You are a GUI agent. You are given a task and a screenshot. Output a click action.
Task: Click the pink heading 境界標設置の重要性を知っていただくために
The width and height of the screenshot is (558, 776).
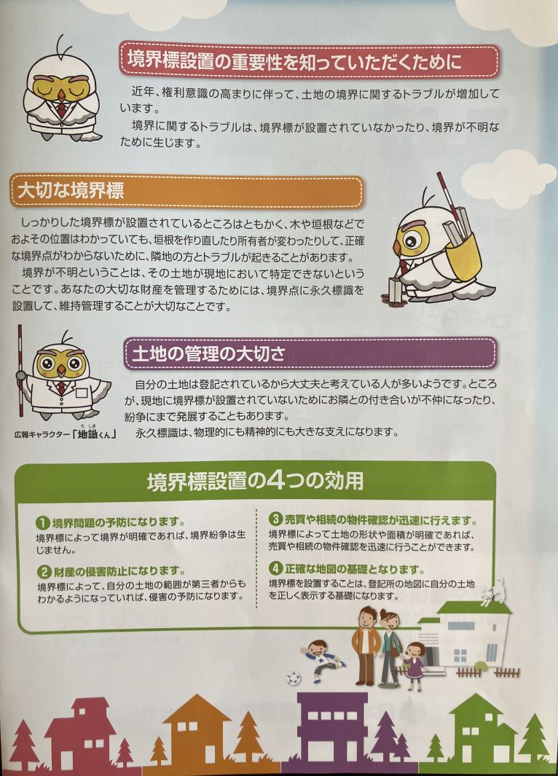tap(295, 61)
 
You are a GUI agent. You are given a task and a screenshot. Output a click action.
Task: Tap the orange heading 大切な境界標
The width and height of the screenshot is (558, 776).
tap(70, 190)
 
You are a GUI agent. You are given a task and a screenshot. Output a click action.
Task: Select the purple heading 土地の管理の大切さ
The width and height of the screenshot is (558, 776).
tap(208, 354)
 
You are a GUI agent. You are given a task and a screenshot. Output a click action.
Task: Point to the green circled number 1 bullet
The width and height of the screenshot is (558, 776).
tap(43, 522)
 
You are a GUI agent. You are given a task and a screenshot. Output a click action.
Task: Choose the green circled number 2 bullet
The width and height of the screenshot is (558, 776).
tap(44, 572)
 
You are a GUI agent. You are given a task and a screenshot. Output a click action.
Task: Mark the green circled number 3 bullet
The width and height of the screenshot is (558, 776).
tap(275, 519)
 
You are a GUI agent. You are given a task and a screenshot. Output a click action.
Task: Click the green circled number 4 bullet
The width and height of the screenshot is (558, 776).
tap(275, 568)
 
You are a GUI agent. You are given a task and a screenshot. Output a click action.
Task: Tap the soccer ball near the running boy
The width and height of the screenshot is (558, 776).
tap(294, 678)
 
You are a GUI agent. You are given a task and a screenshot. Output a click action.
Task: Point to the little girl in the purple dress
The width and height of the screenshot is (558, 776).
tap(414, 665)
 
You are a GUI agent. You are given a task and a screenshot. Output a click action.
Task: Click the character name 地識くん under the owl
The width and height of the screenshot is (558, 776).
tap(93, 434)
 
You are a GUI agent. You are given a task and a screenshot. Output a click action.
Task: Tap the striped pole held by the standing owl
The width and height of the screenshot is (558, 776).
tap(20, 370)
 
